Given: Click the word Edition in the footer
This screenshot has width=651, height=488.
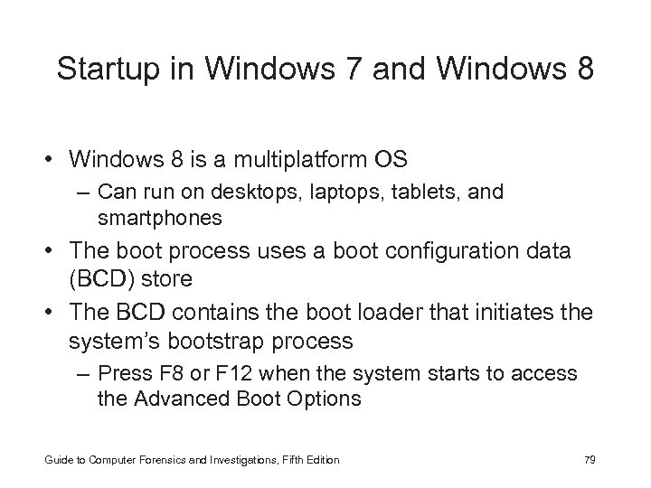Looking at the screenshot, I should tap(322, 460).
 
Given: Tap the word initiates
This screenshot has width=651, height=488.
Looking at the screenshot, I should tap(520, 312).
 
